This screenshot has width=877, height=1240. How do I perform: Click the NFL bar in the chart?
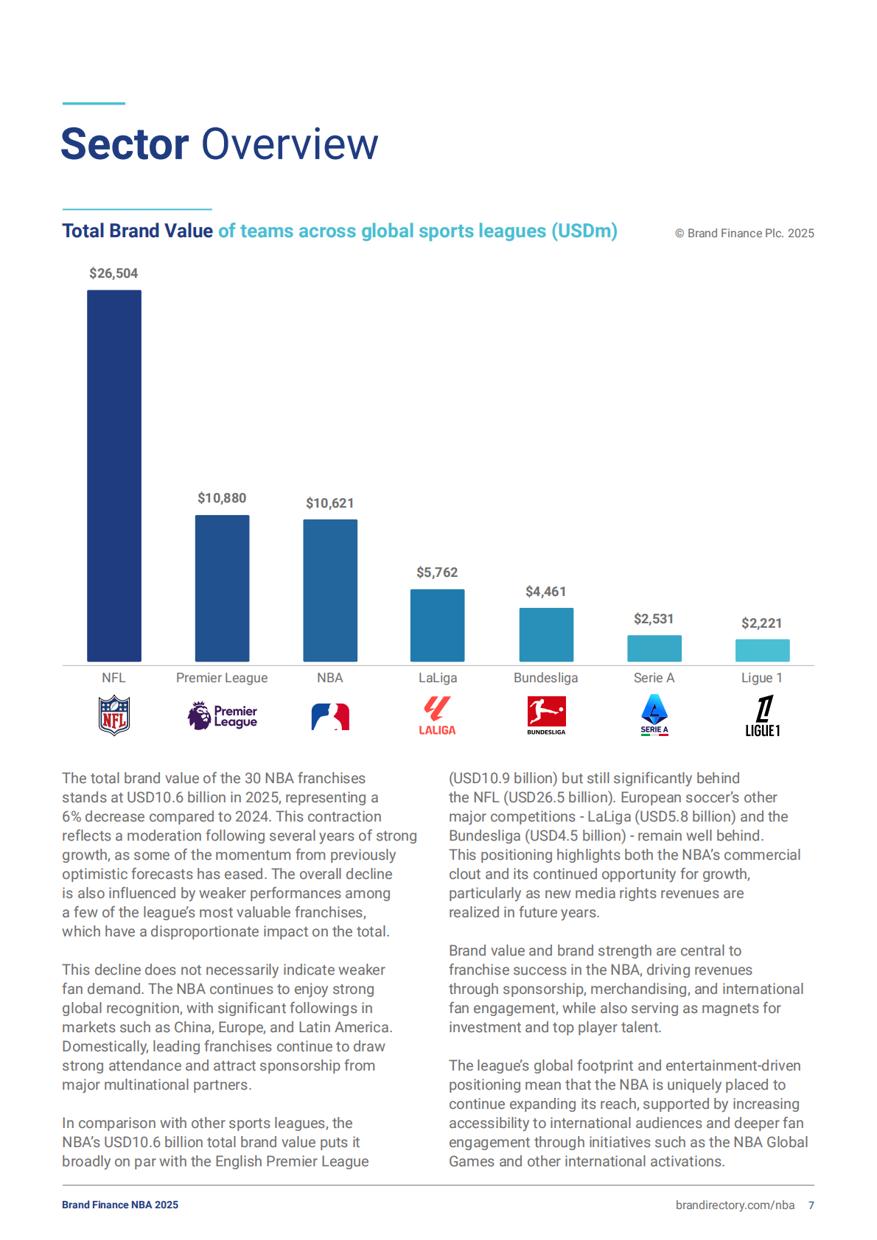(x=114, y=475)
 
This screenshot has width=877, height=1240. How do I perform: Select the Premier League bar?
(x=222, y=588)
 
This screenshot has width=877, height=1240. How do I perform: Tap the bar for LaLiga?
(x=437, y=625)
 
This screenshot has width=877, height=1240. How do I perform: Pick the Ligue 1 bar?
(x=762, y=650)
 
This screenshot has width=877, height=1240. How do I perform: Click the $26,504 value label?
(x=113, y=273)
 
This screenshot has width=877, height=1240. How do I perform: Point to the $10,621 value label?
(x=330, y=503)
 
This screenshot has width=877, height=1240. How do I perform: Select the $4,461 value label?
(x=545, y=592)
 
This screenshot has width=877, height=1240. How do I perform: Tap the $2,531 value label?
(x=654, y=619)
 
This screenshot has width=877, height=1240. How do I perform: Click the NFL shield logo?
(x=114, y=715)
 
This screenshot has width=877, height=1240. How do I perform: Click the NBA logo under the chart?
(x=330, y=716)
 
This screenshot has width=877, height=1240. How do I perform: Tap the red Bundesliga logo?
(x=546, y=712)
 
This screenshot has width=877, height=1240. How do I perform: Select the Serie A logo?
(x=654, y=715)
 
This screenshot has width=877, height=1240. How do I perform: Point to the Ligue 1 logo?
(x=763, y=715)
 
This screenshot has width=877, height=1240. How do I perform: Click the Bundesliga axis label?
(x=545, y=678)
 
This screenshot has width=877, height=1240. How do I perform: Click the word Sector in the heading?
(x=125, y=144)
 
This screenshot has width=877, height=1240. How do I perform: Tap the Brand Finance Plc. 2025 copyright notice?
(x=744, y=234)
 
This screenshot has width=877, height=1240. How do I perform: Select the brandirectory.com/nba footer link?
(x=735, y=1205)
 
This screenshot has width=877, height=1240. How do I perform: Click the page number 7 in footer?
(x=811, y=1205)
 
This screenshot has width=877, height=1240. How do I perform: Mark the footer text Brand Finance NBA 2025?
(x=120, y=1205)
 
